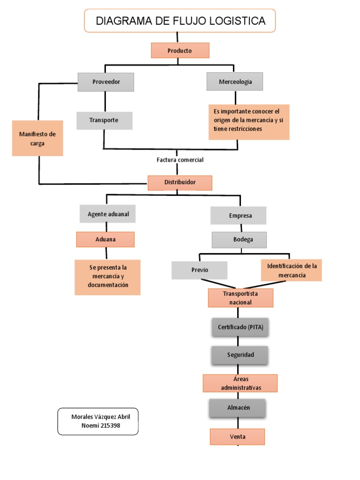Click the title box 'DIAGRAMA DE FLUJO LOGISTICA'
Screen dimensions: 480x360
coord(180,21)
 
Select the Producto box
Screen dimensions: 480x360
coord(180,51)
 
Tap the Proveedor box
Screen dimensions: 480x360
coord(106,82)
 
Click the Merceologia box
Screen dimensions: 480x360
coord(235,82)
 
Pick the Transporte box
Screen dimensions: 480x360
coord(104,120)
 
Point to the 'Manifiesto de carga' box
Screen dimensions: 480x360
coord(37,139)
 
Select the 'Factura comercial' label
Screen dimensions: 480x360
coord(180,160)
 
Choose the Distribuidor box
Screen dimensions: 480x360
coord(180,182)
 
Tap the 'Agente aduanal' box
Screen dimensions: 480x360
coord(108,214)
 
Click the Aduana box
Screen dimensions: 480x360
coord(105,240)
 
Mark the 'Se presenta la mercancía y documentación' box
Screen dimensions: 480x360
coord(107,277)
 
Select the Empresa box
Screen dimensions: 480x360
coord(238,216)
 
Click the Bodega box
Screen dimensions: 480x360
coord(240,240)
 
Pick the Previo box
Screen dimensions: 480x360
coord(199,270)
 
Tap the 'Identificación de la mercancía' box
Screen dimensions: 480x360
coord(292,270)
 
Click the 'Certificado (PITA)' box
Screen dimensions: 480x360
coord(240,327)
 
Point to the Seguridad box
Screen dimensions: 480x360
coord(240,355)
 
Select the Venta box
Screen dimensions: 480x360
coord(237,437)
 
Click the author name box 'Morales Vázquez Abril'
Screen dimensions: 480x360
coord(98,421)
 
